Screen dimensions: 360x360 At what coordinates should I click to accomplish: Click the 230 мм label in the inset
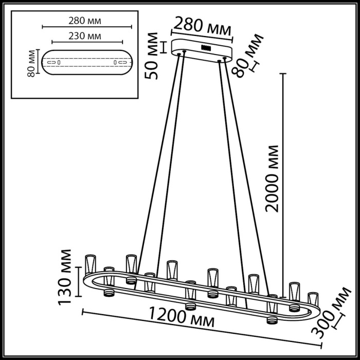point(84,36)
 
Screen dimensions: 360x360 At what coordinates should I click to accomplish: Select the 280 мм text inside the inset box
point(84,21)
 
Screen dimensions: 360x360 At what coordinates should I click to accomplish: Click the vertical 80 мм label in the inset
point(32,64)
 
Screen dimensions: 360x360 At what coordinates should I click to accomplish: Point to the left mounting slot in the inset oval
point(52,63)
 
